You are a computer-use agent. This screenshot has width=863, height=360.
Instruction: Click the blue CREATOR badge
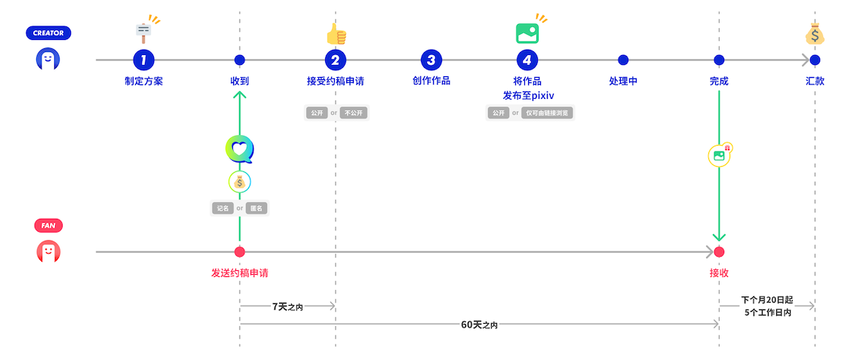[x=48, y=33]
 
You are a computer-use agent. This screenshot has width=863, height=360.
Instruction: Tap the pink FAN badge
[x=48, y=225]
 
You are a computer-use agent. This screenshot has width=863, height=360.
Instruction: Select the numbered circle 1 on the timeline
[x=143, y=60]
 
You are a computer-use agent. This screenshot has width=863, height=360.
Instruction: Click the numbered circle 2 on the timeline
[x=336, y=60]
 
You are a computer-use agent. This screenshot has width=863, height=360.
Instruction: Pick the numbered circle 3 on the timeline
[x=431, y=60]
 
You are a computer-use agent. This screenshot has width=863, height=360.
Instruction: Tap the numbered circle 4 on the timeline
[x=527, y=60]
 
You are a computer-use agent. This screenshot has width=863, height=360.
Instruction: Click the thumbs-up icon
[x=336, y=34]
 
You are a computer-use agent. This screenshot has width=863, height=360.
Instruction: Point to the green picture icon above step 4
[x=527, y=33]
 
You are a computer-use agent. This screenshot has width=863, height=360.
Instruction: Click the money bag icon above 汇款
[x=815, y=34]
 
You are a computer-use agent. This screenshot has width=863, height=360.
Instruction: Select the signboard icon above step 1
[x=143, y=32]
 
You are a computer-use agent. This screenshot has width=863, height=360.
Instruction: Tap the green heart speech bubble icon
[x=239, y=149]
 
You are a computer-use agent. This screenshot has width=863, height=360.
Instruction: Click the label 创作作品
[x=431, y=81]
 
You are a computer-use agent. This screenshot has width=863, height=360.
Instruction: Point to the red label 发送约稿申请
[x=239, y=272]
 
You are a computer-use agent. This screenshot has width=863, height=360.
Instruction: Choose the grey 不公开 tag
[x=355, y=113]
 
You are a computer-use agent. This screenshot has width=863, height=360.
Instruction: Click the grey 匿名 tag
[x=256, y=208]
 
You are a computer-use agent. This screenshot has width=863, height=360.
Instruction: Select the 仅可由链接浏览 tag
[x=548, y=113]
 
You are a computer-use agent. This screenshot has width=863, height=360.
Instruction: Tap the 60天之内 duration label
[x=479, y=325]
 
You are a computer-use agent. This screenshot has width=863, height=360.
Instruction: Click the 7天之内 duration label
[x=287, y=306]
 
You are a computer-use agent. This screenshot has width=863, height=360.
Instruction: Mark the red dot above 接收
[x=719, y=252]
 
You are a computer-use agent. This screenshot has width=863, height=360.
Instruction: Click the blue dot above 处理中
[x=623, y=60]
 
